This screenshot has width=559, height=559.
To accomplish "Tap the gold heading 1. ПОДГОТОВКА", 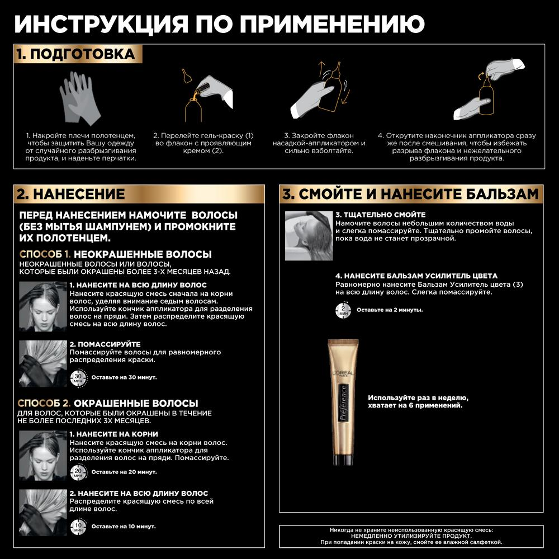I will (x=75, y=54).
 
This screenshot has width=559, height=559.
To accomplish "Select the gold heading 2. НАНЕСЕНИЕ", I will (x=70, y=195).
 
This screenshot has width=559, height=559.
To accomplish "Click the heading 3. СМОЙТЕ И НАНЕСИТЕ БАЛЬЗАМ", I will (x=410, y=195).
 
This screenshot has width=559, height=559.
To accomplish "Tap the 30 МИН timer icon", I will (x=78, y=377).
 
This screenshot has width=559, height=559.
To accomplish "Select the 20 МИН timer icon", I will (x=78, y=472).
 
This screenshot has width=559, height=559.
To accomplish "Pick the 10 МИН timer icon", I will (x=78, y=526).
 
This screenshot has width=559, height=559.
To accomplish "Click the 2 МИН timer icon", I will (x=343, y=310).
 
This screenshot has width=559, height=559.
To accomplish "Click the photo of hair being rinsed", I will (x=308, y=235).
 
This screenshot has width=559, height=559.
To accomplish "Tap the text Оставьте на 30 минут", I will (x=124, y=377).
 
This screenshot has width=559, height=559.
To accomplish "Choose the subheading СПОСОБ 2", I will (x=44, y=403).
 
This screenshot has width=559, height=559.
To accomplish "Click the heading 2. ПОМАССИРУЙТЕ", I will (x=105, y=344).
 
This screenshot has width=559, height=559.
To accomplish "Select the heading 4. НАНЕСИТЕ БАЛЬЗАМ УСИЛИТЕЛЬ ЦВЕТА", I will (x=416, y=276).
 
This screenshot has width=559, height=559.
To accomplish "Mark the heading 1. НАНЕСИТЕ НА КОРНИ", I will (x=113, y=434).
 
